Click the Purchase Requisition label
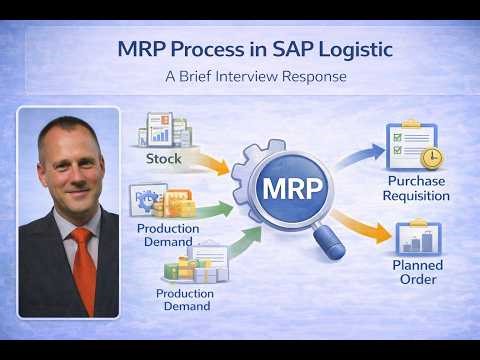click(418, 187)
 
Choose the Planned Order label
click(417, 273)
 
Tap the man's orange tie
click(83, 267)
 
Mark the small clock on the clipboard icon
click(430, 158)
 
